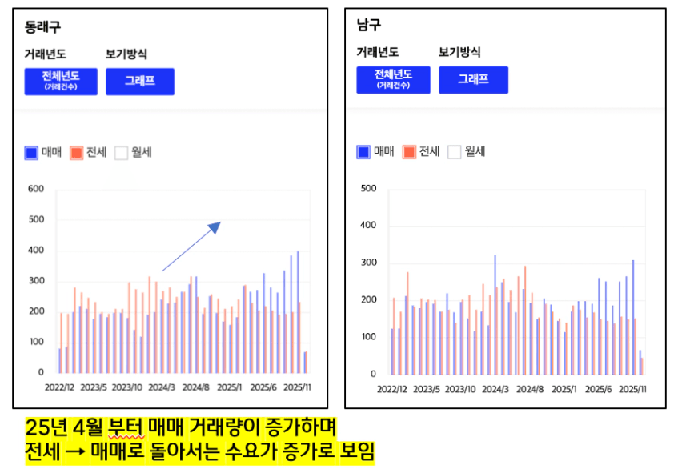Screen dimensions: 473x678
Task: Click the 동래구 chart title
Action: tap(42, 26)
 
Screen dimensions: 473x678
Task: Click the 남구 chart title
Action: tap(369, 25)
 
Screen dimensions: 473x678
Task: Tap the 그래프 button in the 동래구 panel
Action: tap(139, 82)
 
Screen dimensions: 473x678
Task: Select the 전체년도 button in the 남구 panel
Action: tap(393, 79)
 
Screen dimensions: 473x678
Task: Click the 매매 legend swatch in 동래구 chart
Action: tap(31, 152)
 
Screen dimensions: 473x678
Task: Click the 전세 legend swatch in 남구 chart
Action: tap(409, 151)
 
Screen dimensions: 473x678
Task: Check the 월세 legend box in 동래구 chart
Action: tap(122, 152)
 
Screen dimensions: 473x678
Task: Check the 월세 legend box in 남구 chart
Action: tap(455, 151)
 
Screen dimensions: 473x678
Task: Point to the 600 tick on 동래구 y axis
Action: tap(35, 189)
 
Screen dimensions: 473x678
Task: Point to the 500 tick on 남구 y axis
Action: tap(368, 189)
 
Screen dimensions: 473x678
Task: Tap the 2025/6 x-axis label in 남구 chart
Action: tap(599, 389)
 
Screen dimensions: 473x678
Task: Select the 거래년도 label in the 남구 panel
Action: tap(378, 53)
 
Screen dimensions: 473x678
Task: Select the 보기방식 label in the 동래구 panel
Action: tap(126, 54)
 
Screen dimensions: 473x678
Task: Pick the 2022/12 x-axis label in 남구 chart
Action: tap(392, 389)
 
